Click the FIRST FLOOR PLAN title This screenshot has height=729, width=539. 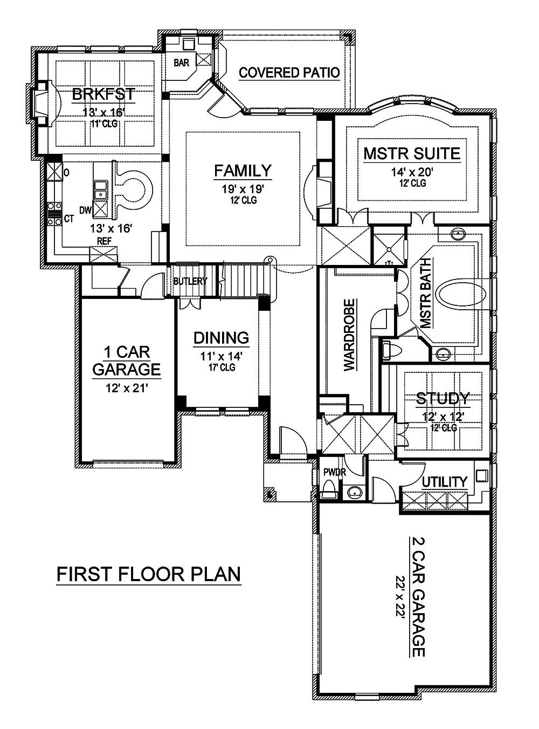coord(149,574)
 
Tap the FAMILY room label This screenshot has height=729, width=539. coord(243,171)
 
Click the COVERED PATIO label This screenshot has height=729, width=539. coord(289,73)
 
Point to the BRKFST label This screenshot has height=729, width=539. coord(103,94)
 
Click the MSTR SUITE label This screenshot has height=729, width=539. coord(411,153)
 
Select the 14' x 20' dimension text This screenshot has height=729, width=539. coord(412,173)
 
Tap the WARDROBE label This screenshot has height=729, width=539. coord(349,335)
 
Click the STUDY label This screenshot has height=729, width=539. coord(443,399)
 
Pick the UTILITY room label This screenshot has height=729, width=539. coord(444,481)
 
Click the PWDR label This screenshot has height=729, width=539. coord(334,472)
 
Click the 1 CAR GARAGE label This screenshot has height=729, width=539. coord(127,361)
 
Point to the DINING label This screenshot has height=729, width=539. coord(221,338)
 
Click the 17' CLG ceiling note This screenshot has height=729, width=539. coord(221,367)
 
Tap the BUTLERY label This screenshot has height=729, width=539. coord(190,281)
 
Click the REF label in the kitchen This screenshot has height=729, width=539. coord(104,241)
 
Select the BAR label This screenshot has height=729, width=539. coord(181,63)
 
